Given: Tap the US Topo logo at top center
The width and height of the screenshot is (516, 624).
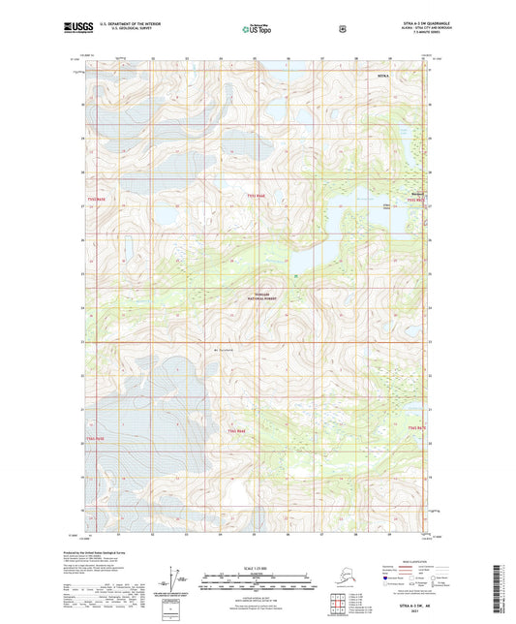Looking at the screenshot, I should pyautogui.click(x=257, y=30).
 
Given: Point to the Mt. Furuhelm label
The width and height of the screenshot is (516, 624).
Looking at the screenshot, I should pyautogui.click(x=224, y=350).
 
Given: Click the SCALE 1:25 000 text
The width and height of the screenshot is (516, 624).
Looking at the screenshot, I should pyautogui.click(x=257, y=566).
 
